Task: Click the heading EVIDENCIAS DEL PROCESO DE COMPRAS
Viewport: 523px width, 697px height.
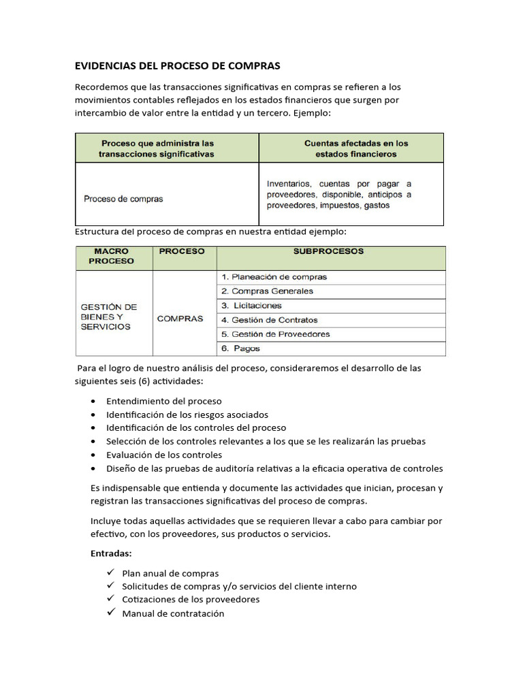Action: coord(177,66)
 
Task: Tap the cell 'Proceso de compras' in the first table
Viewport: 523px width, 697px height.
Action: coord(123,199)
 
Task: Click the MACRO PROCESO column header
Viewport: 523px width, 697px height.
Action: coord(112,256)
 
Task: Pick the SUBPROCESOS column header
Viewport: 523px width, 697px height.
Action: coord(328,251)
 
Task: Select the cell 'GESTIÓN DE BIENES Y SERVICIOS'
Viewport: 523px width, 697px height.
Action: coord(109,317)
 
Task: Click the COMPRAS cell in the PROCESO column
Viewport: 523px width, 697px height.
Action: coord(180,319)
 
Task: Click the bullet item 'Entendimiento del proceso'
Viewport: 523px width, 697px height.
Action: coord(163,401)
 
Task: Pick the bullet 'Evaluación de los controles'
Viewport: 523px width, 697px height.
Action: coord(163,455)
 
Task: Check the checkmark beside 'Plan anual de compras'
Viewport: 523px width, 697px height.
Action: coord(111,573)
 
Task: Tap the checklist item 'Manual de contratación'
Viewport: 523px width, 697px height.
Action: coord(173,613)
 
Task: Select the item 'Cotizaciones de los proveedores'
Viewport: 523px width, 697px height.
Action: coord(191,600)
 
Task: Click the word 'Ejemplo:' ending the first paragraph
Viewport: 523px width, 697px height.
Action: coord(311,113)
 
